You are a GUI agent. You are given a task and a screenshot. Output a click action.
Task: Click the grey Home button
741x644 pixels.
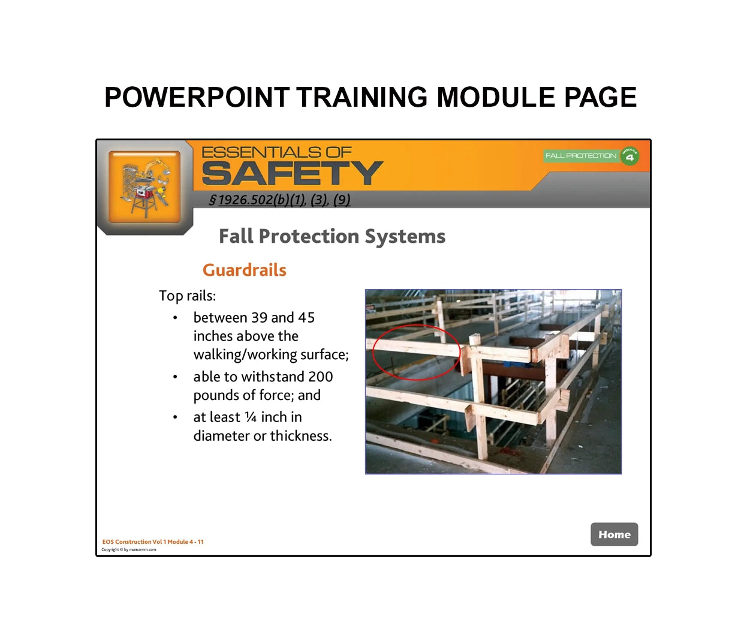click(614, 534)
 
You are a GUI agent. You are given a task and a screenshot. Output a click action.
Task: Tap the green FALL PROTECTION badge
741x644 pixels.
click(580, 156)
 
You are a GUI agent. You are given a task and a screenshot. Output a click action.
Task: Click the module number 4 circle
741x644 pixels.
click(629, 157)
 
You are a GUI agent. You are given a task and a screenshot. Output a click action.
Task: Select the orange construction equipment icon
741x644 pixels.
click(144, 186)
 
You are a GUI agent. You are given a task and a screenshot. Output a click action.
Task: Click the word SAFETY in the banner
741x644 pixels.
click(292, 174)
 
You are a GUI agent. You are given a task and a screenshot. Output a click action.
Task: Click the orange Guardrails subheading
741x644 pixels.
click(244, 270)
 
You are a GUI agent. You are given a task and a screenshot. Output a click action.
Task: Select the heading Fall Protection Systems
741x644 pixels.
click(332, 236)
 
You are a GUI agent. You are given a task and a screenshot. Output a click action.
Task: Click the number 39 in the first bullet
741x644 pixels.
click(259, 317)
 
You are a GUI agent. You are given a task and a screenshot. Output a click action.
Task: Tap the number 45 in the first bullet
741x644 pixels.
click(306, 317)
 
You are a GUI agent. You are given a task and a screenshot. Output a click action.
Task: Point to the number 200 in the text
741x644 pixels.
click(320, 377)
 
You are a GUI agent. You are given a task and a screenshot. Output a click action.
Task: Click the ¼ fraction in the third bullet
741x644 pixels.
click(251, 417)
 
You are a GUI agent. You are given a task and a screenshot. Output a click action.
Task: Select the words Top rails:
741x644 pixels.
click(187, 296)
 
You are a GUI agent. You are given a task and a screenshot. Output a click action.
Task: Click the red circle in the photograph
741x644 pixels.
click(416, 353)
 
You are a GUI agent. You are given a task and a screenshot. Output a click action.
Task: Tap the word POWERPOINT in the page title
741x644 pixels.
click(197, 98)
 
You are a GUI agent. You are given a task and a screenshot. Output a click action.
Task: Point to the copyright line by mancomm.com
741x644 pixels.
click(129, 549)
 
